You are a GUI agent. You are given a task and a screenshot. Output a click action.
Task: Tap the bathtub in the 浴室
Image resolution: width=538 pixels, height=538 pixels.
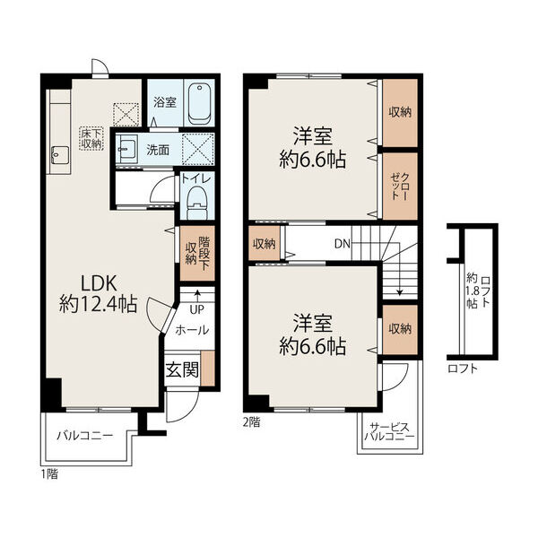(x=199, y=104)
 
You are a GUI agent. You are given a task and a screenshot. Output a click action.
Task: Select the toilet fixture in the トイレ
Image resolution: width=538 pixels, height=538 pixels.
(x=197, y=204)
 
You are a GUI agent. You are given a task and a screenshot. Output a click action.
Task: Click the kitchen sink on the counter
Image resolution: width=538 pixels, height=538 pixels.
(x=60, y=155)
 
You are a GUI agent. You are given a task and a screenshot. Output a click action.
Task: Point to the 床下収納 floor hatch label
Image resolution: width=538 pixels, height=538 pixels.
(x=91, y=138)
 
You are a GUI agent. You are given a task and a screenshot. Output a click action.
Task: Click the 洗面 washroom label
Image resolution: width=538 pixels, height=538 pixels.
(x=158, y=150)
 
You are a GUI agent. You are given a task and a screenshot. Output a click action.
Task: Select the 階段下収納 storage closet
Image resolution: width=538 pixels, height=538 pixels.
(x=197, y=253)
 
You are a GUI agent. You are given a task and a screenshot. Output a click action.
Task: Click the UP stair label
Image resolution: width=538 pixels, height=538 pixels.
(x=196, y=310)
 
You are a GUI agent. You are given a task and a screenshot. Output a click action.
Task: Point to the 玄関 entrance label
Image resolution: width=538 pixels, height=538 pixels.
(x=182, y=369)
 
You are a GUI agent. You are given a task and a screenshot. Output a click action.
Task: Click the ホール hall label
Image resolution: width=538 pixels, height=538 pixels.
(x=192, y=330)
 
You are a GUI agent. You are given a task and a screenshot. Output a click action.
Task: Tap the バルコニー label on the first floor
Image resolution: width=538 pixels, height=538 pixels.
(x=85, y=436)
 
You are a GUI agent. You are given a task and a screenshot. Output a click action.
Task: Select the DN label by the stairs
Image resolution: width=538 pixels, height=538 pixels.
(x=343, y=244)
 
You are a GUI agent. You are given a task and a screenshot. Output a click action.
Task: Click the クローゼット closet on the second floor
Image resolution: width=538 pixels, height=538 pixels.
(x=400, y=187)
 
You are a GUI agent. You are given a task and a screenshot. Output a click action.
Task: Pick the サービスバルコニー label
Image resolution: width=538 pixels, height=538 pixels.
(x=389, y=432)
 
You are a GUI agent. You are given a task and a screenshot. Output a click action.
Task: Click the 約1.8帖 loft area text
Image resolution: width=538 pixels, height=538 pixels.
(x=473, y=291)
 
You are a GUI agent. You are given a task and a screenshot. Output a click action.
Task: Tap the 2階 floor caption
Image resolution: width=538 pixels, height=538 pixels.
(x=251, y=422)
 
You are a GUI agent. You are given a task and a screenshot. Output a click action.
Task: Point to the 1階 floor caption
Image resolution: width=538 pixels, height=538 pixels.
(x=49, y=474)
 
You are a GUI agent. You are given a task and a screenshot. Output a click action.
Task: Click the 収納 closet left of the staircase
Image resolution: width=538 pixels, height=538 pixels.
(x=265, y=243)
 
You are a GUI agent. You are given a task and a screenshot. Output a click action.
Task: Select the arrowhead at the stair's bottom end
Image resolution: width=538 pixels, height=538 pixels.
(x=399, y=292)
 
